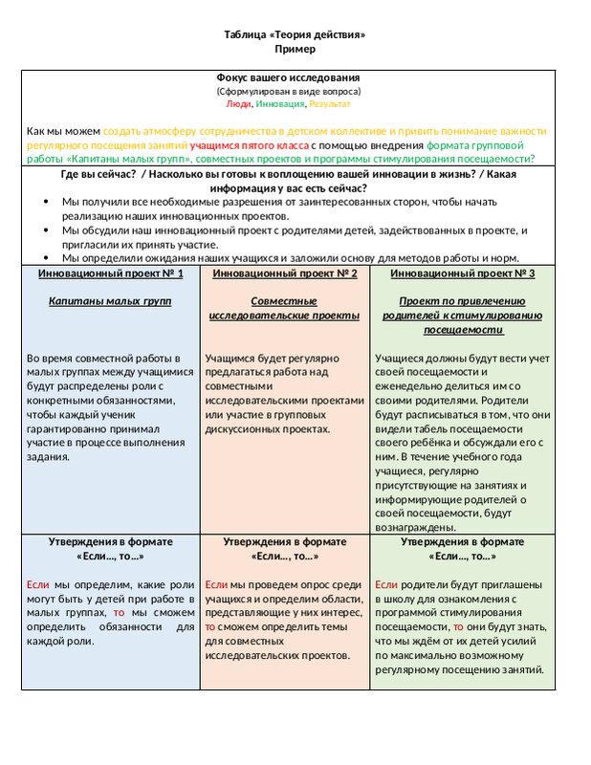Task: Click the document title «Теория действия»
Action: tap(295, 35)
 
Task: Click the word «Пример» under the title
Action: tap(295, 49)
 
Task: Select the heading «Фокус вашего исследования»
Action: tap(288, 76)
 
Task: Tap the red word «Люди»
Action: tap(239, 103)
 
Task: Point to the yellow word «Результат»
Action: tap(330, 103)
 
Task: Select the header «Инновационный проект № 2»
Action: tap(284, 273)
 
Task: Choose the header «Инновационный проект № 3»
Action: tap(464, 273)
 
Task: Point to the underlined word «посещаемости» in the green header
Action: tap(464, 330)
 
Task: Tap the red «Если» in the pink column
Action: tap(216, 584)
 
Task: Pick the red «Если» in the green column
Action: tap(385, 584)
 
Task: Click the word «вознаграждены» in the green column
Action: tap(412, 527)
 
